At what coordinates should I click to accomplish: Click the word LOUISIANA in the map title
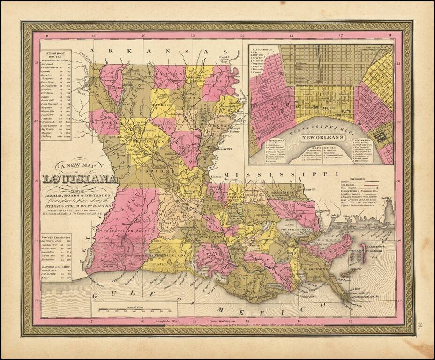coord(79,179)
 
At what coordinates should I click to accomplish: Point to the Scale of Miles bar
coord(135,309)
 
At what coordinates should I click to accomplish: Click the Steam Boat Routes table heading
coord(55,54)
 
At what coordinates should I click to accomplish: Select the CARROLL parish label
coord(223,81)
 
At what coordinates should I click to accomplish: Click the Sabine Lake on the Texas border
coord(89,266)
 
